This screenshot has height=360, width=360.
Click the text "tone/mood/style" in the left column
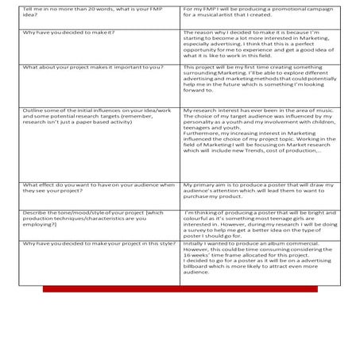83,212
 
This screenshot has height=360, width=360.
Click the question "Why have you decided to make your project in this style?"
99,243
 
